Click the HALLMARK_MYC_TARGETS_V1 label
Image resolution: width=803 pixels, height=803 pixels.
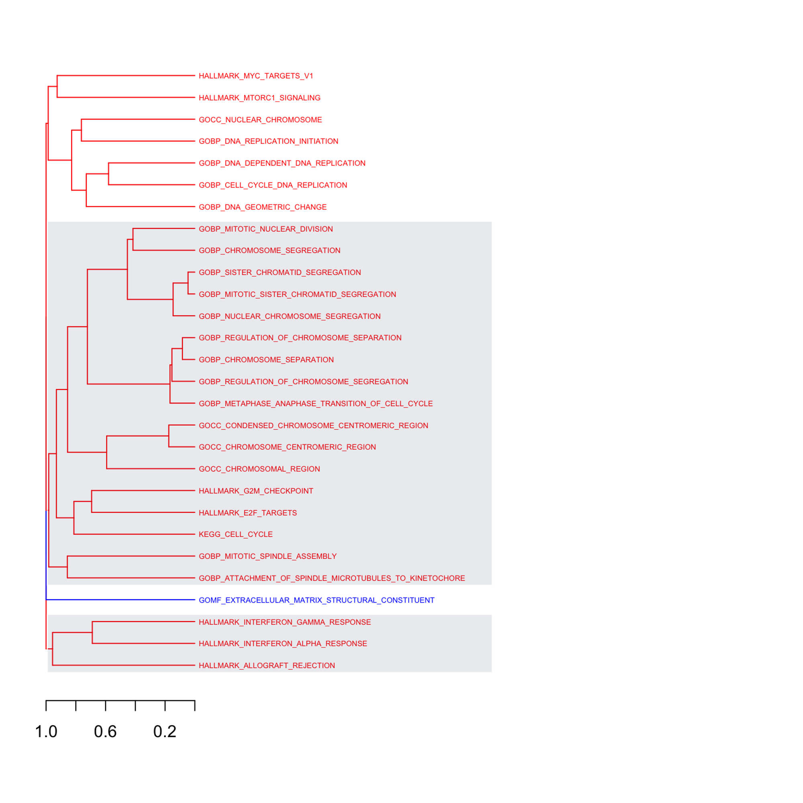(256, 76)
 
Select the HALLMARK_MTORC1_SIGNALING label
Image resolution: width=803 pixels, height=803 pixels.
(260, 98)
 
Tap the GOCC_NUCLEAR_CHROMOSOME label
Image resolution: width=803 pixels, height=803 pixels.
(261, 120)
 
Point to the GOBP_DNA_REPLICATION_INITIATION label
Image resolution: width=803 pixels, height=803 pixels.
(269, 141)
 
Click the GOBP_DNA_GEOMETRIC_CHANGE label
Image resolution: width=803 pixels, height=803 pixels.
(263, 207)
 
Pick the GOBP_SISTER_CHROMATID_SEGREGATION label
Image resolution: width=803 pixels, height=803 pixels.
(280, 273)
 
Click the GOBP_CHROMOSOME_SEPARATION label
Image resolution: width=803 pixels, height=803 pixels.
(267, 360)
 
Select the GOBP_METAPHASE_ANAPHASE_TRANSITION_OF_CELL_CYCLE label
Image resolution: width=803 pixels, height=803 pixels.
(316, 404)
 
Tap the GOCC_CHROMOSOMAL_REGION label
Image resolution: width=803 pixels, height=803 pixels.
(259, 469)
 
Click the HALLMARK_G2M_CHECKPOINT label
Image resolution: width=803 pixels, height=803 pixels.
(256, 491)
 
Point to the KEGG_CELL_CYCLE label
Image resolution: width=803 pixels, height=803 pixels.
(236, 534)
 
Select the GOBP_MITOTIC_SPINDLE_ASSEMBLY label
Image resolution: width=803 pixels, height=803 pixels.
(268, 556)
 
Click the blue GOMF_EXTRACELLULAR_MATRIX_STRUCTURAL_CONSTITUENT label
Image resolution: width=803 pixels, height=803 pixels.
(317, 600)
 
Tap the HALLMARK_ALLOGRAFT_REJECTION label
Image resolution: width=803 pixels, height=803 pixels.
(267, 666)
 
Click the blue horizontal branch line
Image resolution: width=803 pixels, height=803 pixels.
(120, 600)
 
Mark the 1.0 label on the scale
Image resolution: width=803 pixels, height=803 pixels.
(46, 732)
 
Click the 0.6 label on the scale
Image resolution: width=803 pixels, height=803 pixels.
(105, 732)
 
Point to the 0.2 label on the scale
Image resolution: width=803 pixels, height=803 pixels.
(165, 732)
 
